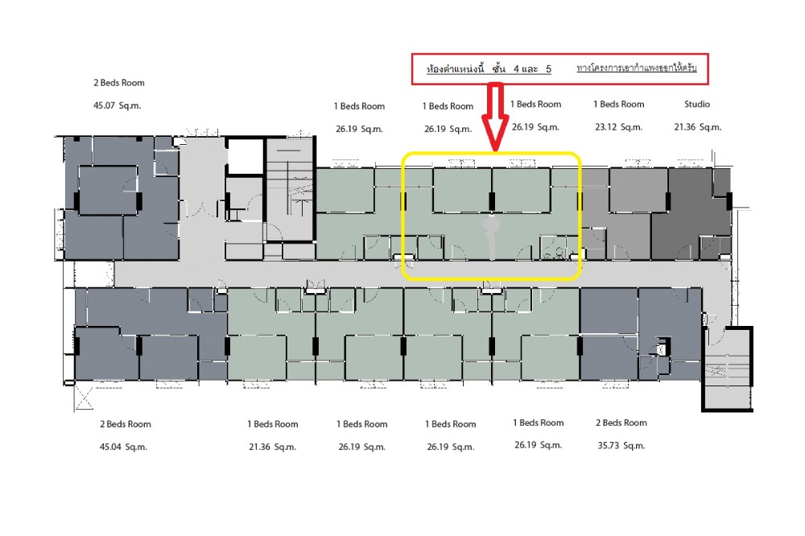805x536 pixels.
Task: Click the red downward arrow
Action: (495, 117)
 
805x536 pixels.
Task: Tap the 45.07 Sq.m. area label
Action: (117, 105)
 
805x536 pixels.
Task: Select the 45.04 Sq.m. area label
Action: (123, 447)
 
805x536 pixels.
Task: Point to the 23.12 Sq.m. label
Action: (618, 127)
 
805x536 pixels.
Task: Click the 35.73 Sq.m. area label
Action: (621, 446)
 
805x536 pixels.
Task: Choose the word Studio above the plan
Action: (696, 105)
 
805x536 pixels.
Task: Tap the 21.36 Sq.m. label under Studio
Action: (698, 127)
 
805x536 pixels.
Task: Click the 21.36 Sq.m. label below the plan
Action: (273, 447)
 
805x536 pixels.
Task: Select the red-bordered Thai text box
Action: (560, 68)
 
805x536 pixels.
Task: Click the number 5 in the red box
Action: (548, 68)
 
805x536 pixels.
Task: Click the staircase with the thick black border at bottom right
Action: (727, 369)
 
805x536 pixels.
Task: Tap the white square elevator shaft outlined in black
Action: (246, 156)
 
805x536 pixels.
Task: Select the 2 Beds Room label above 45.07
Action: (119, 83)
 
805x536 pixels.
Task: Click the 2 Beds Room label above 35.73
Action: (621, 423)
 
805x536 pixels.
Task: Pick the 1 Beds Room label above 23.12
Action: (618, 105)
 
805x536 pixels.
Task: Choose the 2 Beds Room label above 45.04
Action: (126, 424)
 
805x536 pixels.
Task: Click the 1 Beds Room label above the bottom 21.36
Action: (273, 424)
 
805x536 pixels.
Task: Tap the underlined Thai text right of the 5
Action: (637, 68)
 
